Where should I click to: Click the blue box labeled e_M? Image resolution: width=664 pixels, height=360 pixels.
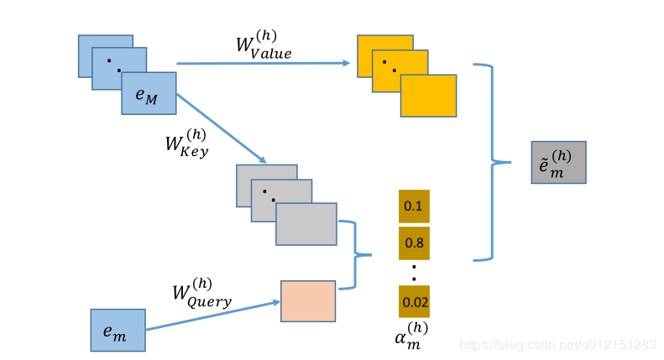click(149, 93)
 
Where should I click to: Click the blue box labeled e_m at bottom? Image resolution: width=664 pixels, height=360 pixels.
click(118, 330)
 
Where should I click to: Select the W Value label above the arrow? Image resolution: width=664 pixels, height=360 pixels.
click(264, 47)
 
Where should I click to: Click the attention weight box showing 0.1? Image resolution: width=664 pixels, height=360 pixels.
click(414, 206)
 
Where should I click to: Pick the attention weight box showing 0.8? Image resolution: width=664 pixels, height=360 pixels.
click(414, 243)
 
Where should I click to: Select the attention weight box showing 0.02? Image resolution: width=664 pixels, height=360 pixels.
click(414, 301)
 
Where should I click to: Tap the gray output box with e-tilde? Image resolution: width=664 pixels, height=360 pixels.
click(558, 162)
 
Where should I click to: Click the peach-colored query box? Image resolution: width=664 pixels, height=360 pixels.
click(308, 301)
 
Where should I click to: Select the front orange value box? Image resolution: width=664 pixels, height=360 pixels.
click(428, 96)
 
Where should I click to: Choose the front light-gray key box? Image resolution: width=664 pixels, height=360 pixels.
click(306, 224)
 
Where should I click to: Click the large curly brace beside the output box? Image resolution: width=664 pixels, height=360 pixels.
click(492, 161)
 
